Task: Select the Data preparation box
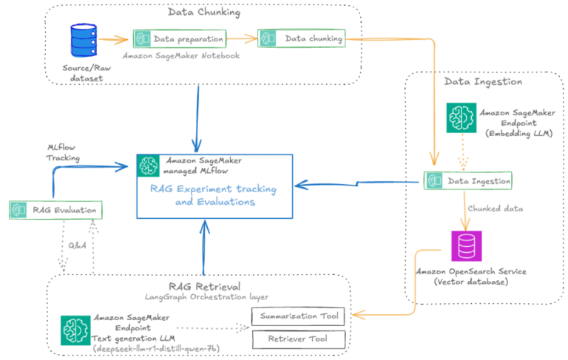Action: pyautogui.click(x=180, y=38)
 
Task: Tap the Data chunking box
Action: pyautogui.click(x=300, y=38)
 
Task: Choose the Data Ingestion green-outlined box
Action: pyautogui.click(x=467, y=180)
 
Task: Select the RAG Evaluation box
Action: pyautogui.click(x=55, y=210)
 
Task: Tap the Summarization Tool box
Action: pyautogui.click(x=299, y=317)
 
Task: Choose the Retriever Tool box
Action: pyautogui.click(x=299, y=339)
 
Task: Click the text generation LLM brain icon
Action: pyautogui.click(x=75, y=327)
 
